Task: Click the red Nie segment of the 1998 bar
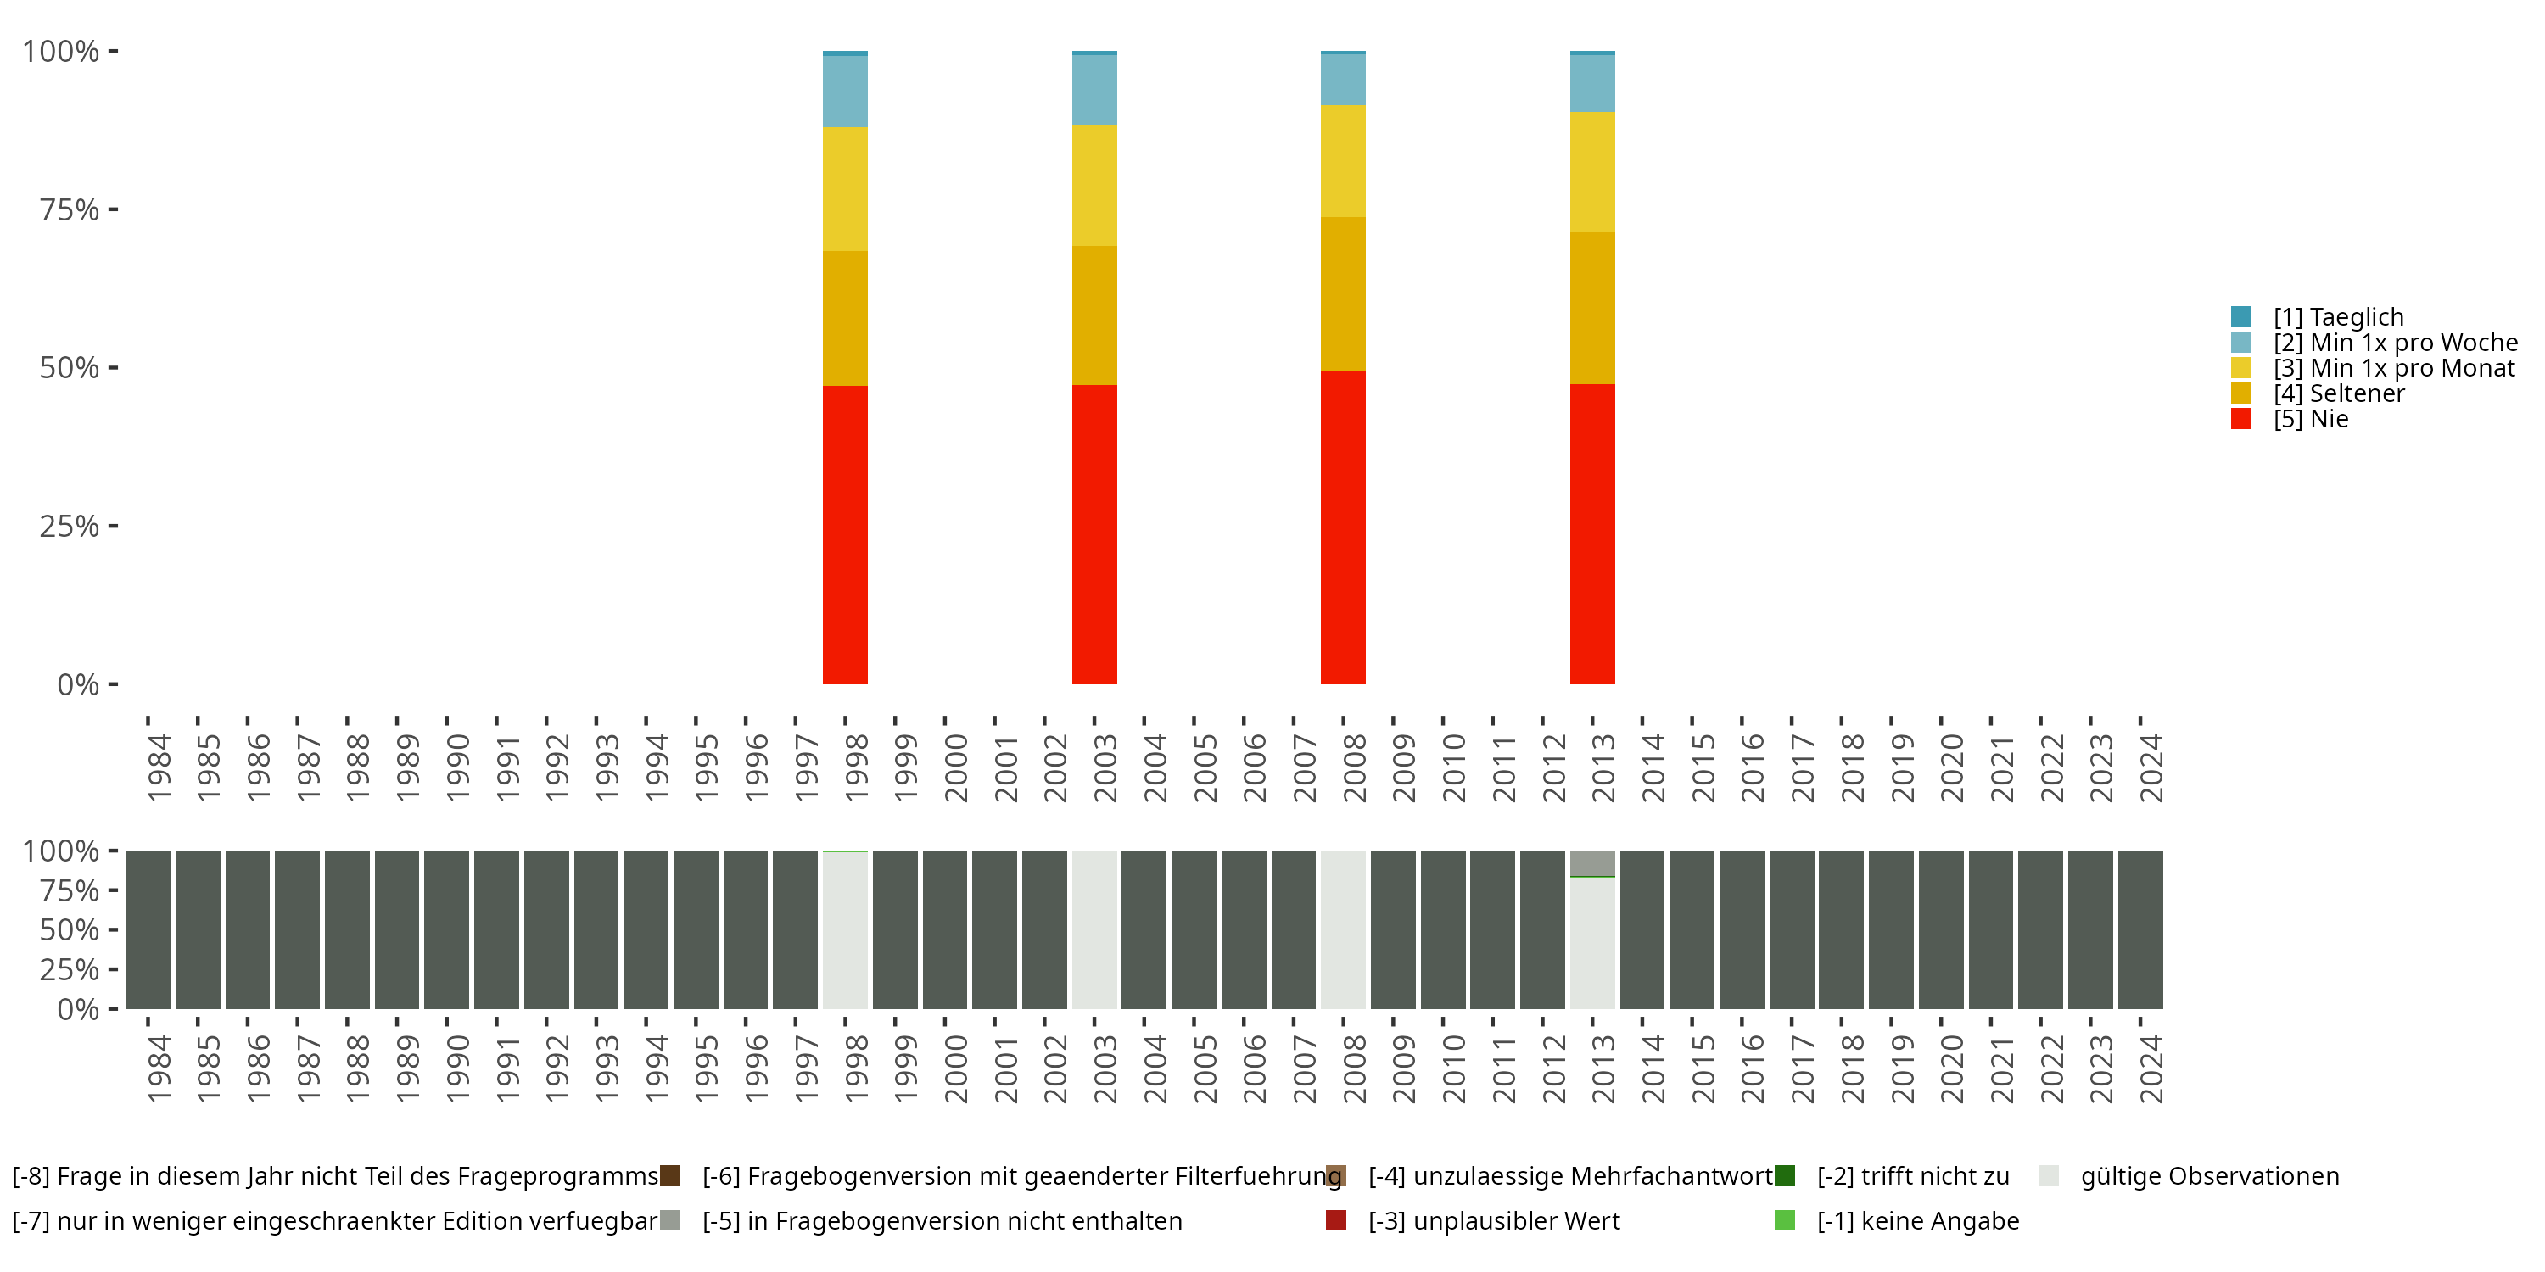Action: (x=845, y=533)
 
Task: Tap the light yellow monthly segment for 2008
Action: (x=1343, y=161)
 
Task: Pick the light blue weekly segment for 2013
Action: (x=1591, y=83)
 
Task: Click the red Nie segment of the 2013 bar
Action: (x=1591, y=533)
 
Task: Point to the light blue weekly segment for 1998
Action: (x=845, y=91)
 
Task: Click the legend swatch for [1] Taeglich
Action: (x=2240, y=317)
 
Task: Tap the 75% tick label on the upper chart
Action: (x=70, y=209)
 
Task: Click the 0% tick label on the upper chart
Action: (x=78, y=684)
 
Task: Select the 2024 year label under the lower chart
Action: (x=2151, y=1068)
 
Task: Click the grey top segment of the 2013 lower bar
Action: (x=1591, y=862)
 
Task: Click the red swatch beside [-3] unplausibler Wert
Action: (x=1336, y=1220)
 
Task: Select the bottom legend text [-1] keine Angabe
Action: (x=1917, y=1220)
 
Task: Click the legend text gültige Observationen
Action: (x=2209, y=1176)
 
